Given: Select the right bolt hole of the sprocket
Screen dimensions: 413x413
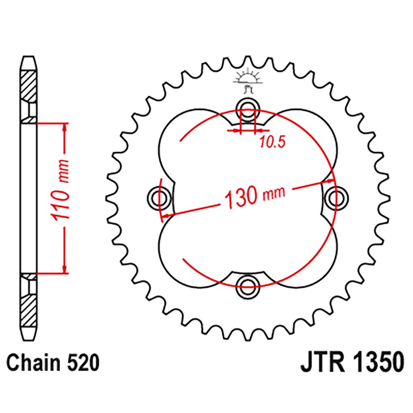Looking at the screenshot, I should (335, 195).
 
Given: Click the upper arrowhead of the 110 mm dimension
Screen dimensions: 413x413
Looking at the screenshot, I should (64, 127).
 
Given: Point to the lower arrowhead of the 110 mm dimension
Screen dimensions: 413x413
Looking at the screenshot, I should (64, 269).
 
